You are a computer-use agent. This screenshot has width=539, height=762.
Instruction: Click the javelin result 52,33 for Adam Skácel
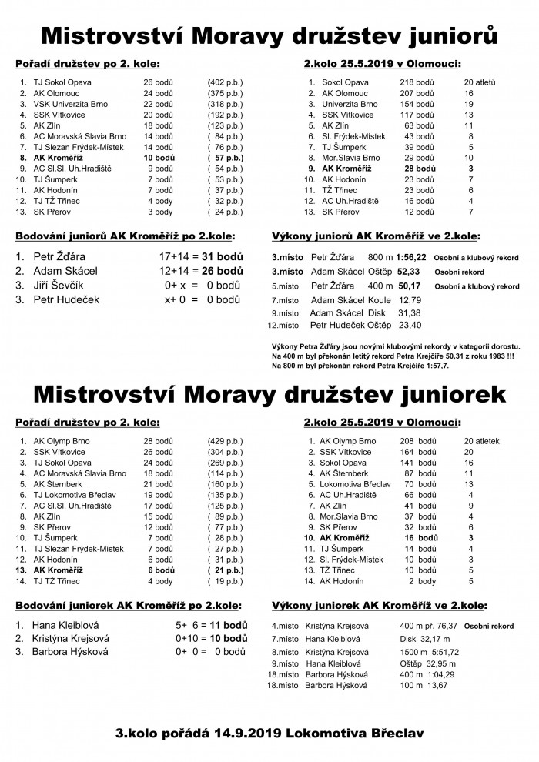click(x=409, y=272)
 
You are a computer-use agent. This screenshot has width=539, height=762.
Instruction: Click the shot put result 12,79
click(x=410, y=299)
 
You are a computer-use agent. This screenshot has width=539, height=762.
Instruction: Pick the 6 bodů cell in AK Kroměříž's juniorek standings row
click(x=159, y=570)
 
